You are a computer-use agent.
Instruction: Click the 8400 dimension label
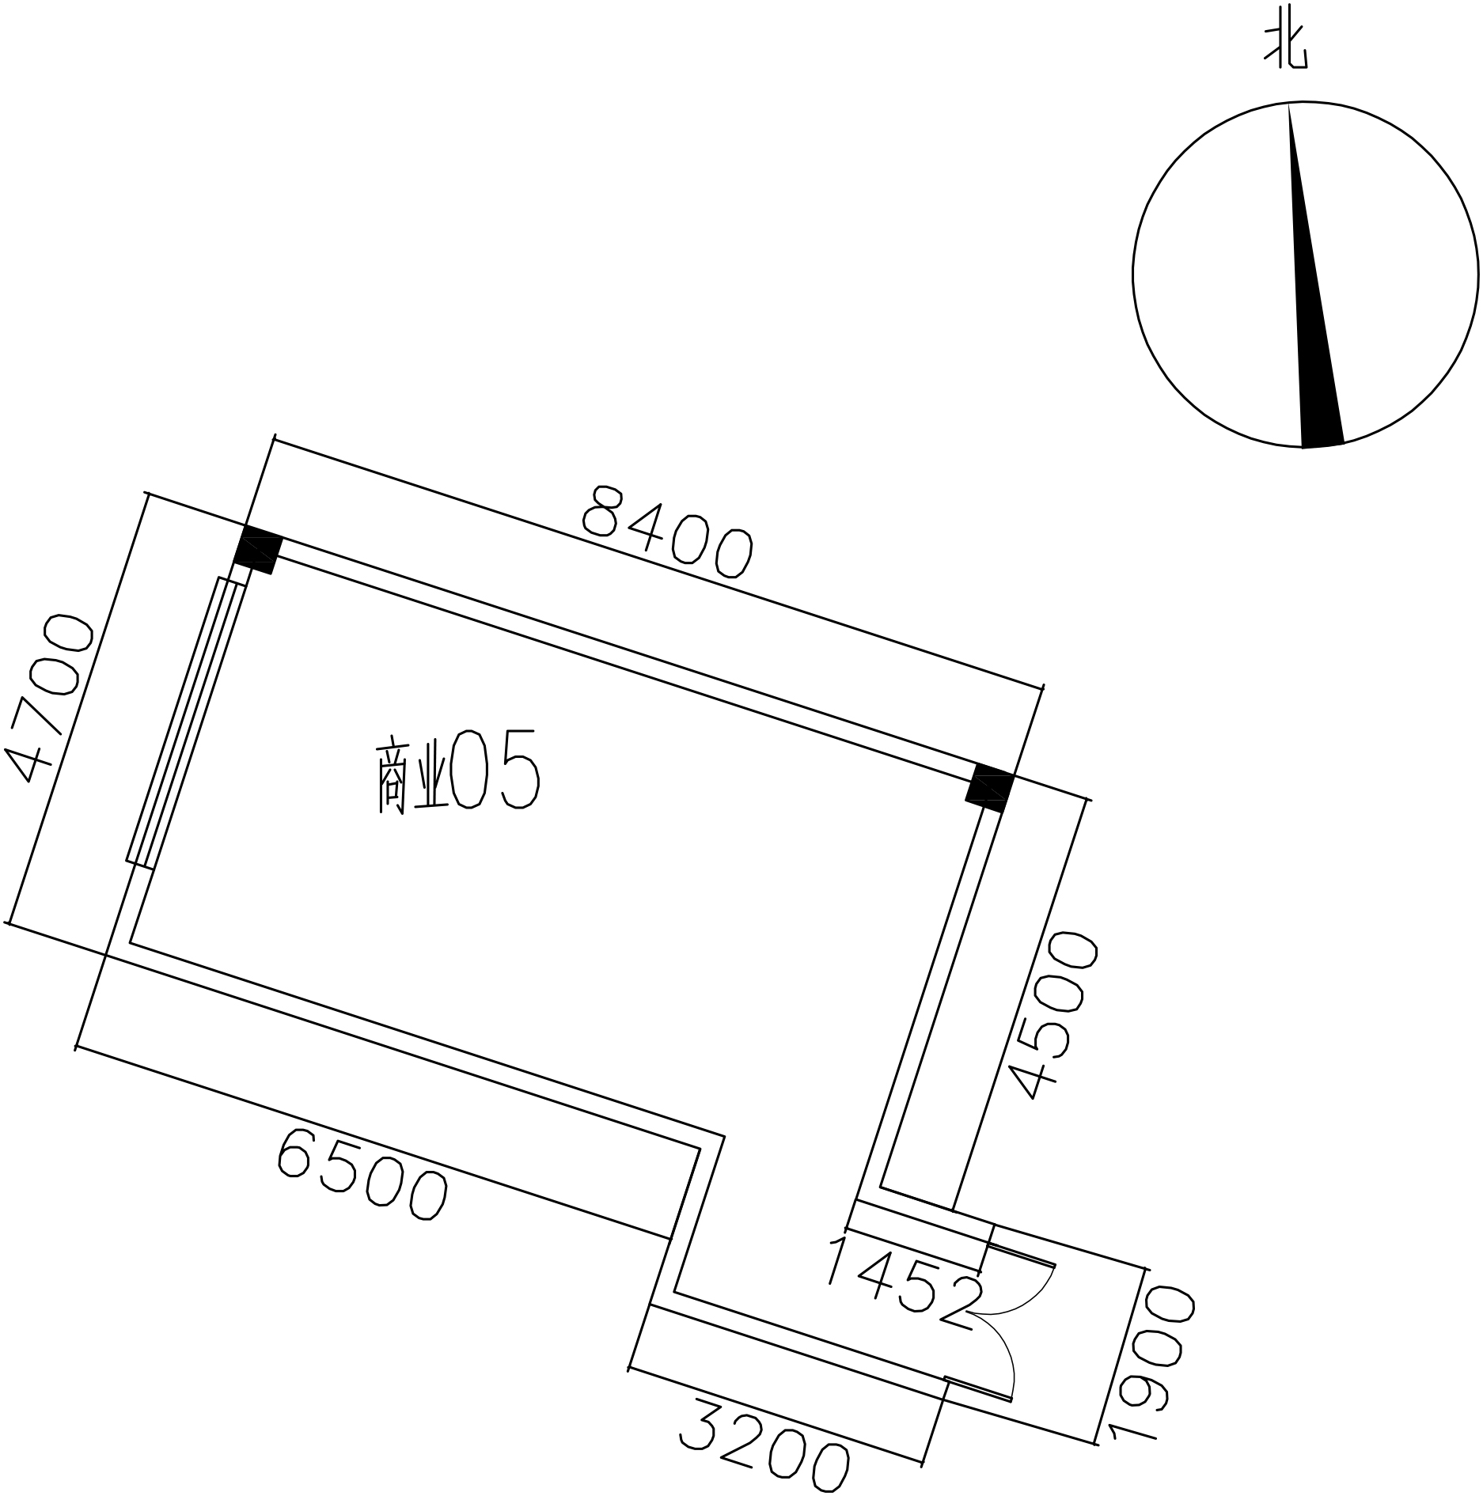pyautogui.click(x=666, y=531)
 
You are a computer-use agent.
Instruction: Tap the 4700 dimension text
pyautogui.click(x=49, y=699)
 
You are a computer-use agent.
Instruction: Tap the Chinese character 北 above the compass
pyautogui.click(x=1286, y=47)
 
